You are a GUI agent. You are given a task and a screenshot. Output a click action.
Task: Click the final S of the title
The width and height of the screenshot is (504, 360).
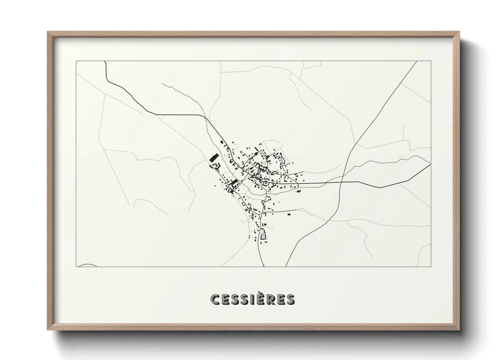(x=290, y=299)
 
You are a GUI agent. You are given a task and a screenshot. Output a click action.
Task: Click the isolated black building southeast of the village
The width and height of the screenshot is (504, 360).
(x=289, y=214)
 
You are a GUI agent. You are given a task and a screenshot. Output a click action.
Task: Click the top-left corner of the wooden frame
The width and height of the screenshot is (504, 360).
(x=48, y=32)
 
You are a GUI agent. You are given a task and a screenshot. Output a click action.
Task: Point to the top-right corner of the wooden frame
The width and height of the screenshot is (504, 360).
(x=459, y=32)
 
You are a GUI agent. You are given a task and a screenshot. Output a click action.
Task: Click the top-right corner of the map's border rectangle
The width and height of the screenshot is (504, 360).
(x=431, y=61)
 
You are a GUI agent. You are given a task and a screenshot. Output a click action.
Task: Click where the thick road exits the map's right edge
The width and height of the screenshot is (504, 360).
(x=430, y=164)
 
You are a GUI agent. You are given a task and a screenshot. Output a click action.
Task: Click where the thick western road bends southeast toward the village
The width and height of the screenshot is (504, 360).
(x=204, y=117)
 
